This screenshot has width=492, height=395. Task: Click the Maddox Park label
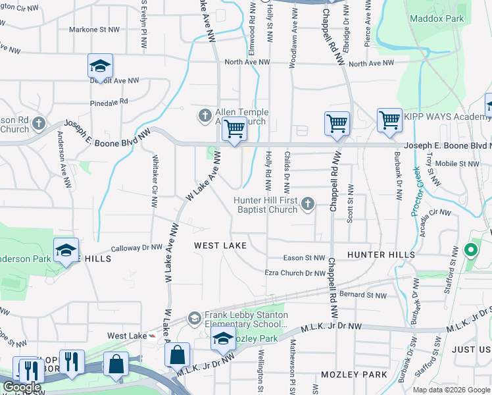point(432,18)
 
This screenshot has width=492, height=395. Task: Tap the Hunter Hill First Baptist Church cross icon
point(307,205)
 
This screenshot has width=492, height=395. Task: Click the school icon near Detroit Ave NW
point(100,66)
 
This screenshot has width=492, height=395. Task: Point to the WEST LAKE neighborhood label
point(220,246)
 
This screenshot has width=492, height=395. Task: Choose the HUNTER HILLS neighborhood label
point(381,255)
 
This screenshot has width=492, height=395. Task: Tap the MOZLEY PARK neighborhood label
point(354,375)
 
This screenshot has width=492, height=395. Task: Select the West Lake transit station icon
point(153,336)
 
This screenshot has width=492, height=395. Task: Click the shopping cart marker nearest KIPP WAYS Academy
point(389,120)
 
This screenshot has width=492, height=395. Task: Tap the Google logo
point(22,387)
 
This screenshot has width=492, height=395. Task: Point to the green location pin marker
point(470,250)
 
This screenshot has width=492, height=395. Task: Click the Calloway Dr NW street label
point(136,248)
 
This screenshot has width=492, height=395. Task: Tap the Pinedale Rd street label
point(109,103)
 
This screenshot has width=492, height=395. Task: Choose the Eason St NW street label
point(304,258)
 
